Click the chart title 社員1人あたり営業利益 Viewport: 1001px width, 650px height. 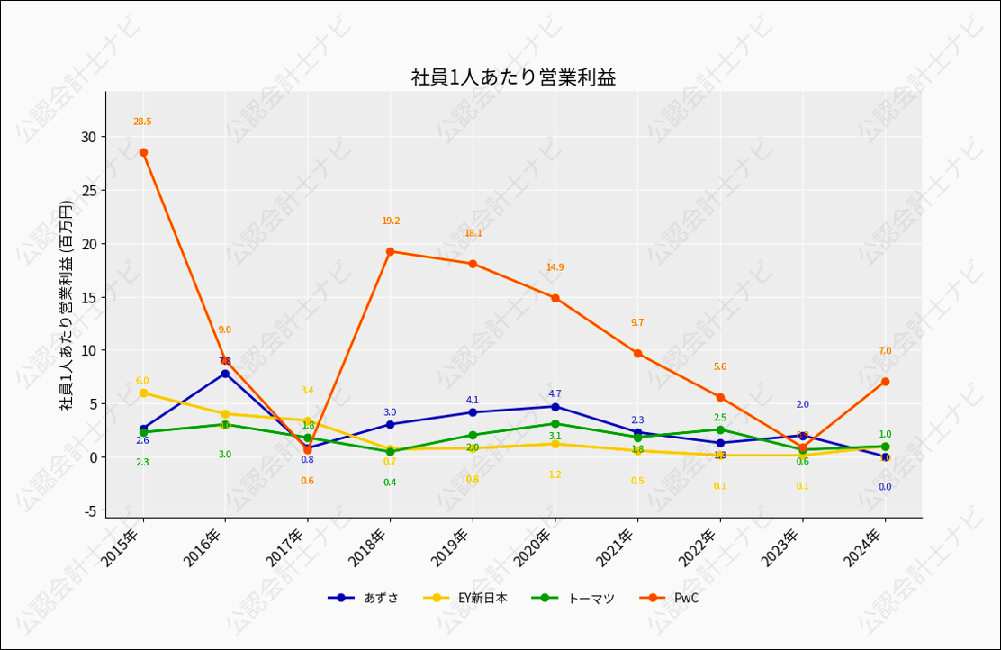point(513,77)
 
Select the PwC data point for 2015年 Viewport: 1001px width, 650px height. point(143,152)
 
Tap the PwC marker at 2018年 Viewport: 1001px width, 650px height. point(390,251)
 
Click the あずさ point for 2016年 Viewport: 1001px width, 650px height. point(225,374)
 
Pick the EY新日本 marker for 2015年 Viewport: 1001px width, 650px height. point(143,393)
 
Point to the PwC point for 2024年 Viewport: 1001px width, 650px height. point(885,382)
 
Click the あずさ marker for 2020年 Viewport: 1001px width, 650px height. point(555,407)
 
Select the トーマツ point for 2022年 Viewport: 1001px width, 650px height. point(720,429)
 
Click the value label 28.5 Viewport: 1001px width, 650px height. point(142,122)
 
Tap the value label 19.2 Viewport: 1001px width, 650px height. point(391,221)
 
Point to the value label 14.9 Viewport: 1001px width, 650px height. point(555,267)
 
